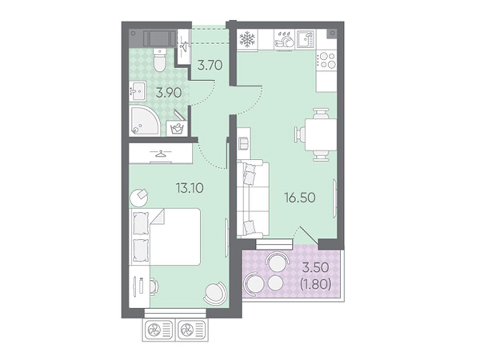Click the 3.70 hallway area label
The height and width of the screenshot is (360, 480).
[210, 65]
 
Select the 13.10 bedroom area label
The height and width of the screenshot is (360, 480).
[190, 188]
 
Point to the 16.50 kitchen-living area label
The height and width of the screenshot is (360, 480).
[300, 197]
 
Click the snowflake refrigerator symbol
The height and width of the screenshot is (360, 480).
[247, 39]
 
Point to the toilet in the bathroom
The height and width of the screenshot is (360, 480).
[160, 59]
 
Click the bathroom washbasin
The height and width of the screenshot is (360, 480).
[137, 91]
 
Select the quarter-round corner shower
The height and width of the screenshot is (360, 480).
[144, 121]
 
